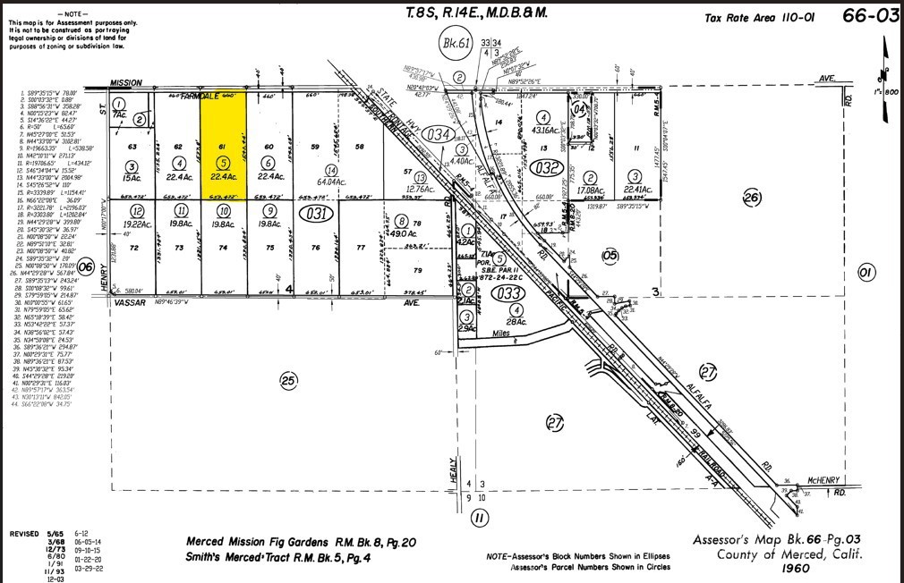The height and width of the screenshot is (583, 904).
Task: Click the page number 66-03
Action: click(x=869, y=14)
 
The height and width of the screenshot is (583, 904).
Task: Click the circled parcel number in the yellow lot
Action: click(x=223, y=163)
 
